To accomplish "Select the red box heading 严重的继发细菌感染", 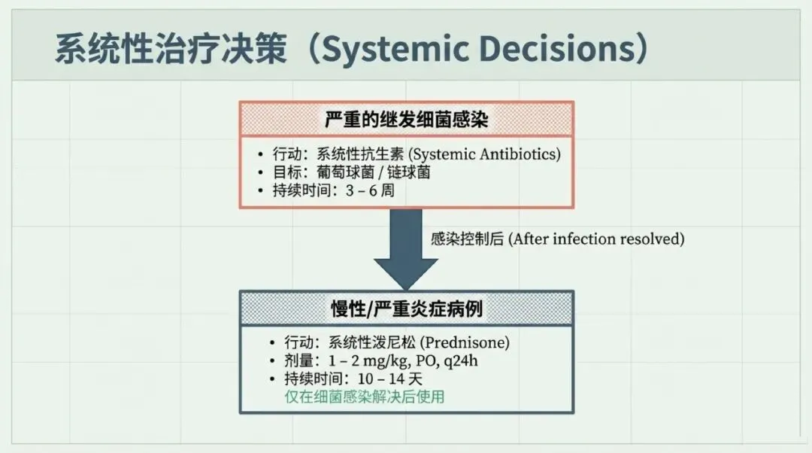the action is (x=406, y=119).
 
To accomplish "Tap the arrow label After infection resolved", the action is (x=596, y=239).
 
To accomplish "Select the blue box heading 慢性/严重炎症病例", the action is (x=406, y=309).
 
